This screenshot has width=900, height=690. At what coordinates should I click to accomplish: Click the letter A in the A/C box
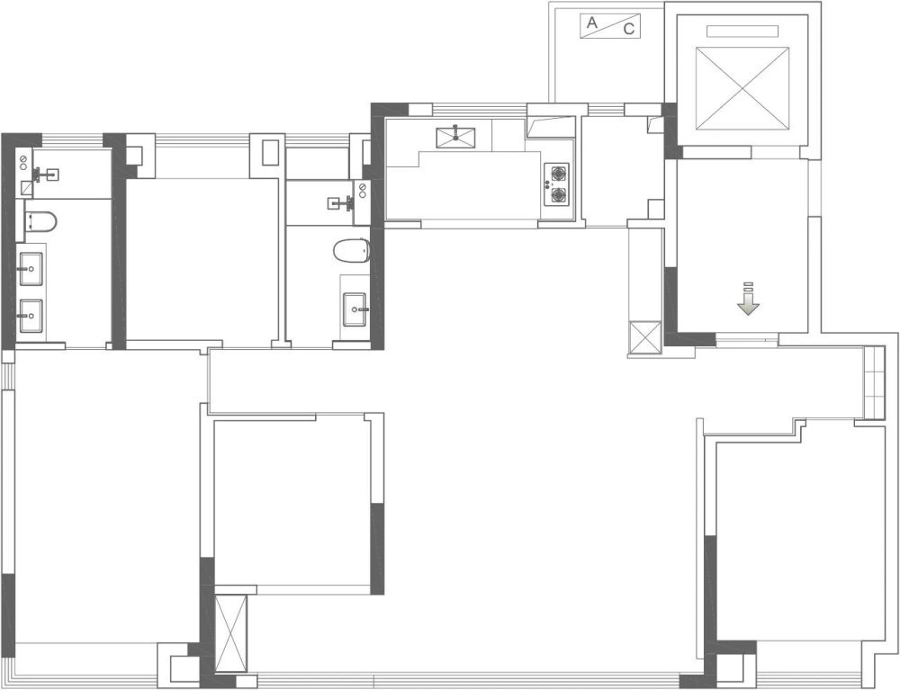592,23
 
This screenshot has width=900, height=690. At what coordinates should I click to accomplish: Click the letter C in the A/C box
629,30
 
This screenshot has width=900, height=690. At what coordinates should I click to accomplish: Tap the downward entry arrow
748,299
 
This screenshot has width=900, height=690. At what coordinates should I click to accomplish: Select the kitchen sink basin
455,138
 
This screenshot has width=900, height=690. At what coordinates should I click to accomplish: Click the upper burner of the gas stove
557,172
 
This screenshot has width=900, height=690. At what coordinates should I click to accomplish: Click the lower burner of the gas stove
557,195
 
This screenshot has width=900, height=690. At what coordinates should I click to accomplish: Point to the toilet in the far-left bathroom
40,221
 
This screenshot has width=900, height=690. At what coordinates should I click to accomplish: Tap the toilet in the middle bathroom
351,251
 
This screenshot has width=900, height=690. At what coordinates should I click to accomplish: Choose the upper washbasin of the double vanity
31,268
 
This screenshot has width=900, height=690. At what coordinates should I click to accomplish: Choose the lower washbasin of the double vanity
31,316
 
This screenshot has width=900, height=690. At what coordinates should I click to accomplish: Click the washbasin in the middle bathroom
355,309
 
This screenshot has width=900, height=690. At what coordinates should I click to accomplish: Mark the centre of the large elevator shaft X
742,89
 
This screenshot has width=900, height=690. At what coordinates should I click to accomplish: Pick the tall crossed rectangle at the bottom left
230,632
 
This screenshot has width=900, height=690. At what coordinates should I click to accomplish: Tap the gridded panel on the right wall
874,383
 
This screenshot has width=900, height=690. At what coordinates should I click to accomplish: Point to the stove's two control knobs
546,184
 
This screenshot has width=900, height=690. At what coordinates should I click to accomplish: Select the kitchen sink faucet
455,132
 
